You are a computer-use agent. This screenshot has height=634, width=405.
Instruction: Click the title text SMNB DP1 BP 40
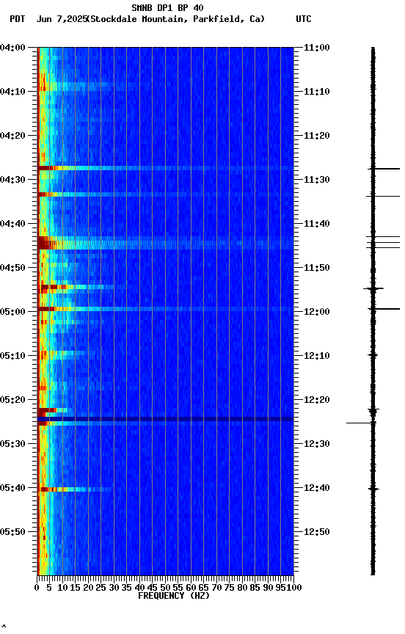point(167,8)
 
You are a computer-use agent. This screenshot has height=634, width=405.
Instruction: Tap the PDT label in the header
point(17,19)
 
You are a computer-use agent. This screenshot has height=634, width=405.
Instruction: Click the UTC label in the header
point(304,19)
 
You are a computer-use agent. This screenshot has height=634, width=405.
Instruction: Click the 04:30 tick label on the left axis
point(13,180)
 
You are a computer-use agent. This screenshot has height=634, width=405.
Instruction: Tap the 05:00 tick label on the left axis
point(13,312)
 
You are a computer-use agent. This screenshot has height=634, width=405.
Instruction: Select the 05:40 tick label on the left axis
point(13,488)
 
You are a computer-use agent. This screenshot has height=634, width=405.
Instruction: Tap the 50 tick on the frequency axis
point(165,587)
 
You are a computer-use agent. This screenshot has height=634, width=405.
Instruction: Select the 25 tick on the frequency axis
point(101,587)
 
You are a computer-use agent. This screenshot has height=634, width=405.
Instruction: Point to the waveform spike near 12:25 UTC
point(360,423)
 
